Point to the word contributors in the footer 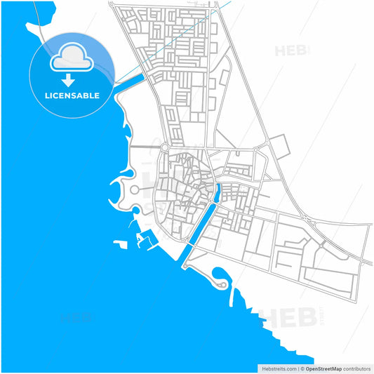356,367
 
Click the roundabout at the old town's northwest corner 165,147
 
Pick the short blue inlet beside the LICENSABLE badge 130,80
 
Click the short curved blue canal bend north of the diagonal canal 218,192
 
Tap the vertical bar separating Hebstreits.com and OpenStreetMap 298,367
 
